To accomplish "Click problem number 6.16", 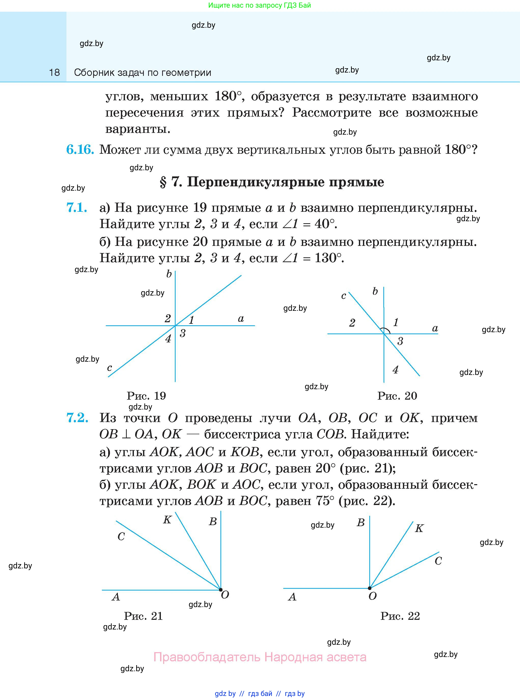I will [80, 149].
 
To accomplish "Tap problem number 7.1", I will [77, 207].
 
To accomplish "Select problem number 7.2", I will [77, 418].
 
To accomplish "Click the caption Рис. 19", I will [146, 396].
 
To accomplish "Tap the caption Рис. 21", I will [143, 616].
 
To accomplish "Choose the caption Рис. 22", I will [400, 616].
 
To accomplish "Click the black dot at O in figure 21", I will [221, 590].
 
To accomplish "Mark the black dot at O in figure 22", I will [370, 588].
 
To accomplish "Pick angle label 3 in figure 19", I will [182, 333].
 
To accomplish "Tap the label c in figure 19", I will [109, 368].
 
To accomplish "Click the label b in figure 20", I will [375, 291].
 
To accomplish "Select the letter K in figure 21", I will [167, 520].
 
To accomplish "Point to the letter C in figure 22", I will [438, 561].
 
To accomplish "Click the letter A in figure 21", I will [116, 597].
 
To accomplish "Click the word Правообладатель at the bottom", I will [207, 657].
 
